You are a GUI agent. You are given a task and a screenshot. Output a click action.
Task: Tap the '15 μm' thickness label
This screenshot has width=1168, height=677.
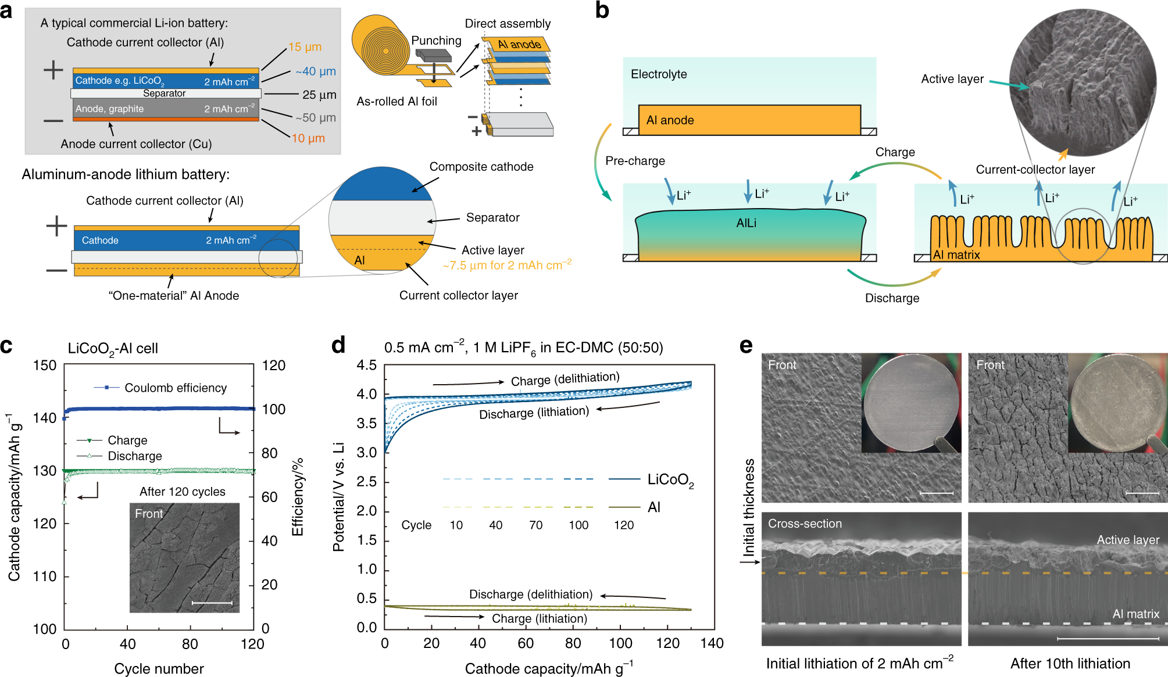(305, 47)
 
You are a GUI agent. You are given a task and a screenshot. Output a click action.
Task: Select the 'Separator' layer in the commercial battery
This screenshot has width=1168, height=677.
(165, 93)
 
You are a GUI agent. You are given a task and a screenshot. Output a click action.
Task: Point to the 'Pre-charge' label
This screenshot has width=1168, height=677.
(635, 161)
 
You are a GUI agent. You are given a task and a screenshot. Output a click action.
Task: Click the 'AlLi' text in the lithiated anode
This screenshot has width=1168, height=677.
(746, 223)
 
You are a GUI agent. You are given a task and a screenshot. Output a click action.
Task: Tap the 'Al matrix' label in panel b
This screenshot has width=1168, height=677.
(956, 255)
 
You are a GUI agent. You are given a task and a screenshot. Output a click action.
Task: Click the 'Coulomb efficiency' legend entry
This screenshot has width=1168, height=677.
(175, 388)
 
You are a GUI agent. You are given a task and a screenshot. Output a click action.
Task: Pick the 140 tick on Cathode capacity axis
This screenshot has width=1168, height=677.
(45, 418)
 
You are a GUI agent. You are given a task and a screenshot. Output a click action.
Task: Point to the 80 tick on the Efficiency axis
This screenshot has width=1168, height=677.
(269, 453)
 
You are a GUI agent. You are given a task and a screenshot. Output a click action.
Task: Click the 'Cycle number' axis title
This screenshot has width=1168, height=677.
(159, 668)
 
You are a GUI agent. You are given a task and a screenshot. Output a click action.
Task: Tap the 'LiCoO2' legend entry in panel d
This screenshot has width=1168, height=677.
(670, 480)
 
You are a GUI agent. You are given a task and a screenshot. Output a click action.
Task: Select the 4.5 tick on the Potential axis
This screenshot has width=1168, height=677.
(366, 366)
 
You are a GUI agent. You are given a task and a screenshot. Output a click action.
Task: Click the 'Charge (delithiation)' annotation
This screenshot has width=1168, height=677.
(565, 379)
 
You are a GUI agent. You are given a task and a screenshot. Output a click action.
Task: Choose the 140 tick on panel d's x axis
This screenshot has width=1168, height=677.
(712, 643)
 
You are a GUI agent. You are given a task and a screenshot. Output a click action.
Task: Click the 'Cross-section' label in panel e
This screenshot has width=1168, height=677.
(805, 524)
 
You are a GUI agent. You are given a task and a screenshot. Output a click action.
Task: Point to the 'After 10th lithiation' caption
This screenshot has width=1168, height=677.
(1070, 664)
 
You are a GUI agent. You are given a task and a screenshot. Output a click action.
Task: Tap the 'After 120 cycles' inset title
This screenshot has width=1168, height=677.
(182, 492)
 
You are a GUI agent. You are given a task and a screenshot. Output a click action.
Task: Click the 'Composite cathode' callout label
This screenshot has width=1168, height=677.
(481, 167)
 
